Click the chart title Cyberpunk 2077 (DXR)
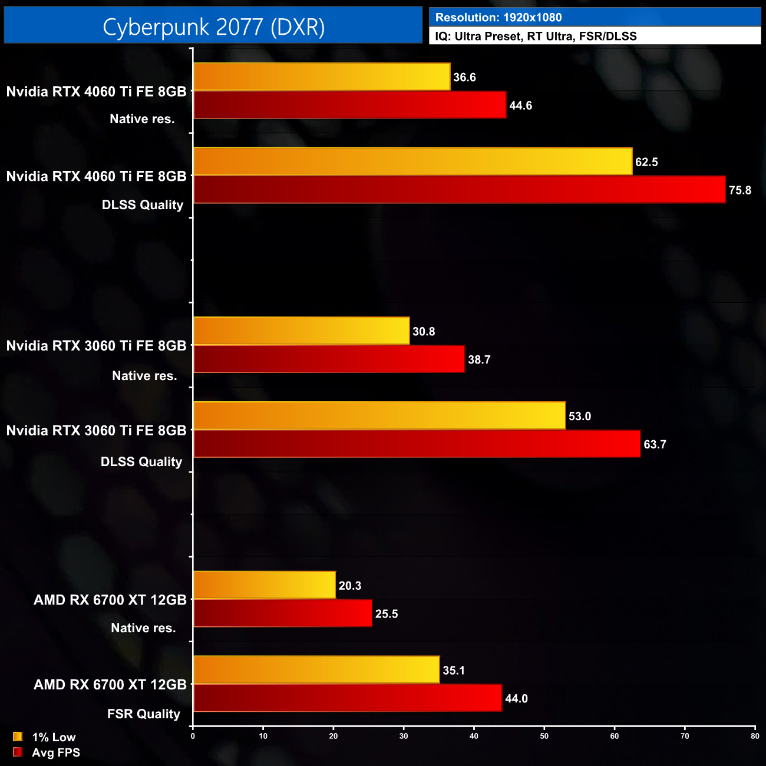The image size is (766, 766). click(213, 27)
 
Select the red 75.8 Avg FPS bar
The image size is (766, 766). click(460, 190)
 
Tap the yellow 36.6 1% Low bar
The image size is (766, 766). click(322, 77)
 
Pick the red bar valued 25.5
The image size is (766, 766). click(283, 613)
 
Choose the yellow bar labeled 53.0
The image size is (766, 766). click(379, 415)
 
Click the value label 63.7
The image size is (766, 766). click(655, 444)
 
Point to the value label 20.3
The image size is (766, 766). click(350, 586)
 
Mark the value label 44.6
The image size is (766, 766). click(520, 105)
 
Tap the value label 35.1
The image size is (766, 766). click(454, 671)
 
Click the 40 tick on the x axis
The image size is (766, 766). click(474, 736)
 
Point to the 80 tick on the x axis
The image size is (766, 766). click(755, 736)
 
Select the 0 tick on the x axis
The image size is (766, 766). click(193, 736)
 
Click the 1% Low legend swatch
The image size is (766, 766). click(18, 737)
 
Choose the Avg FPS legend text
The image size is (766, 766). click(56, 752)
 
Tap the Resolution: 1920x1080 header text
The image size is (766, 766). click(498, 18)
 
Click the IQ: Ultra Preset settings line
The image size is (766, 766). click(536, 36)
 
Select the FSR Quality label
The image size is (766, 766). click(144, 714)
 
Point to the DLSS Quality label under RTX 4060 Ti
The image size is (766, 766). click(143, 205)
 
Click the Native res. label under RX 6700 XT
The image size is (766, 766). click(143, 628)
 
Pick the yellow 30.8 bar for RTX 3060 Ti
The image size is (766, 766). click(302, 331)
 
